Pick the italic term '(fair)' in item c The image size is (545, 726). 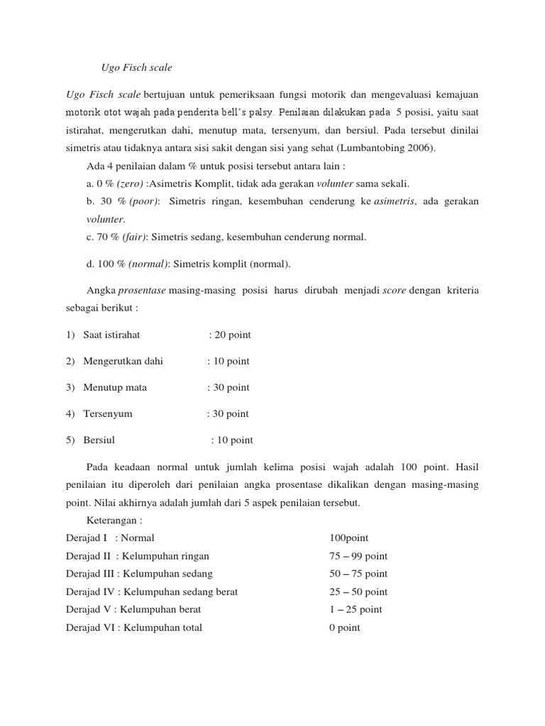132,237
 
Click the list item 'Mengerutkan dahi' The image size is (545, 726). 123,361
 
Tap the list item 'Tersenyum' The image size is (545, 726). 107,413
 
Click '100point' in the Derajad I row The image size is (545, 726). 349,538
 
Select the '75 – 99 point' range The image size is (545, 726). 358,556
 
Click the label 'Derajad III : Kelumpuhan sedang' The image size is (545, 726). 139,574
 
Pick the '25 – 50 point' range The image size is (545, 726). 358,591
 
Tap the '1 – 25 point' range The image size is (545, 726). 356,609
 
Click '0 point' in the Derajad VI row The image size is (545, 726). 345,627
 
